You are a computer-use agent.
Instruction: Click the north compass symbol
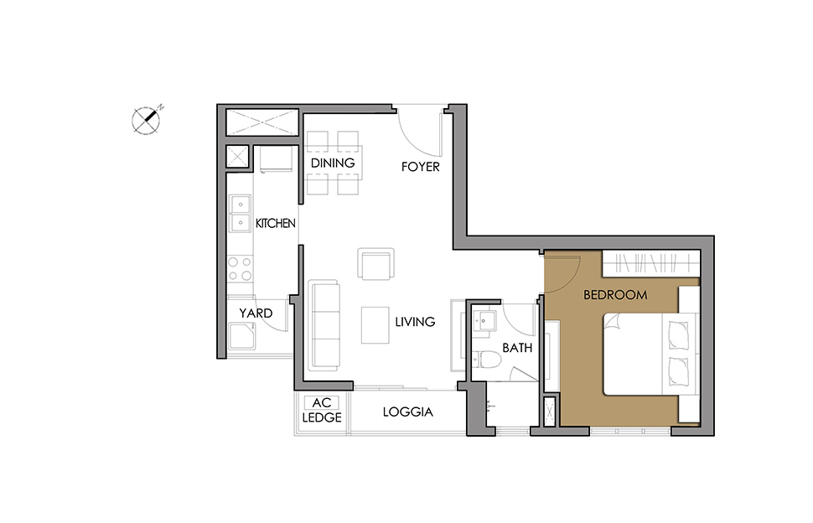point(146,120)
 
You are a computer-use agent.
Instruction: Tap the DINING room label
point(333,163)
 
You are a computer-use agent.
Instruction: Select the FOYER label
point(421,167)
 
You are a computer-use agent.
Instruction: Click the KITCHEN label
point(275,224)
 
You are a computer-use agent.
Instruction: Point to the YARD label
point(256,313)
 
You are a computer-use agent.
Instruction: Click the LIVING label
point(415,322)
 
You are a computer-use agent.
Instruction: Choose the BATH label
point(517,348)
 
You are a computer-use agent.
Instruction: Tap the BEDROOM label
point(615,295)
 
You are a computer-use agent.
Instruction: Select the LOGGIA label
point(407,412)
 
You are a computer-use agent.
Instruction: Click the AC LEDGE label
point(322,410)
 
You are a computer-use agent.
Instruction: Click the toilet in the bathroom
point(485,360)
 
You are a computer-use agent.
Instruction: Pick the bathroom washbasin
point(484,321)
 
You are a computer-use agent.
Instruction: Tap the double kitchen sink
point(240,214)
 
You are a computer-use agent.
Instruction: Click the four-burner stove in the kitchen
point(240,269)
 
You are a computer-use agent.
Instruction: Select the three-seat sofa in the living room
point(324,325)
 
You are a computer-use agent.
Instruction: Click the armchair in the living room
point(375,264)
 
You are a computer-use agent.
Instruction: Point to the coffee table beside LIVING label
point(375,325)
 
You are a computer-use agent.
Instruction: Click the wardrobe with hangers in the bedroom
point(650,263)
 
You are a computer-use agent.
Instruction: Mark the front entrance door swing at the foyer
point(419,131)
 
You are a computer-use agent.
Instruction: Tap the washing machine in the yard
point(241,336)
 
